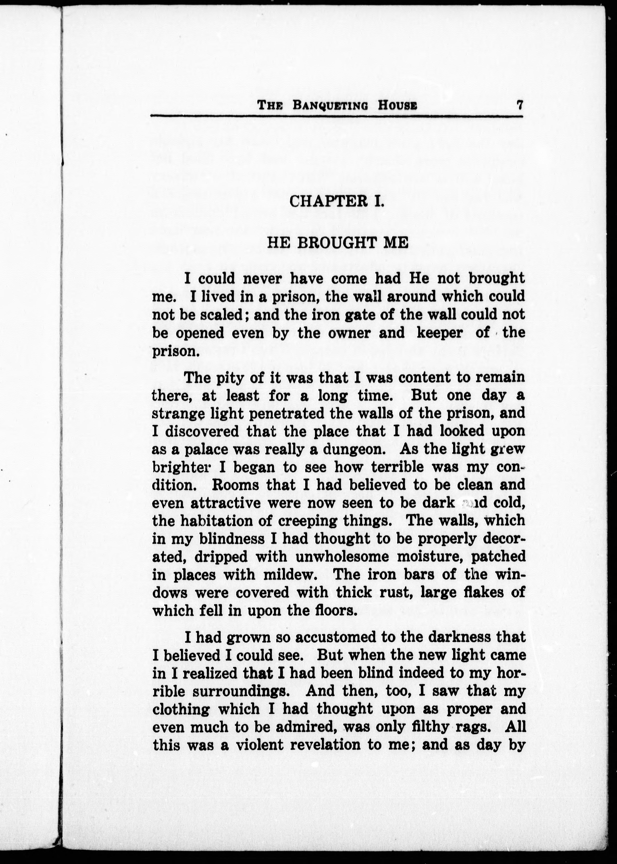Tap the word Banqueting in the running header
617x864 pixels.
click(330, 105)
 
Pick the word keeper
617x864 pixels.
click(440, 333)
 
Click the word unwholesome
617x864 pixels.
click(342, 557)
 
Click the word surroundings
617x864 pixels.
click(245, 691)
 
